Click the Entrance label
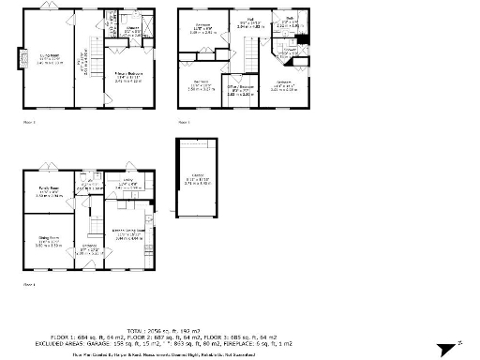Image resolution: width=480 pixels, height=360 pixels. click(x=90, y=250)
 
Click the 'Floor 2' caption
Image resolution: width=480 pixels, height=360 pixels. click(x=29, y=122)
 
